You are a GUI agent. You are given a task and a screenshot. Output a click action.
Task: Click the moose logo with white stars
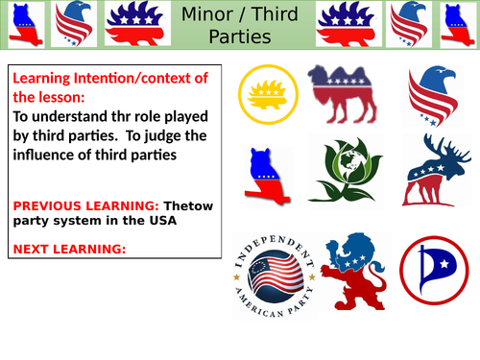click(435, 169)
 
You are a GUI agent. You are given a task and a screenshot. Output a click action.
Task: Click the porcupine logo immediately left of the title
click(132, 26)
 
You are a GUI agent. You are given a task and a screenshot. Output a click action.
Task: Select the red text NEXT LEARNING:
click(67, 250)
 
